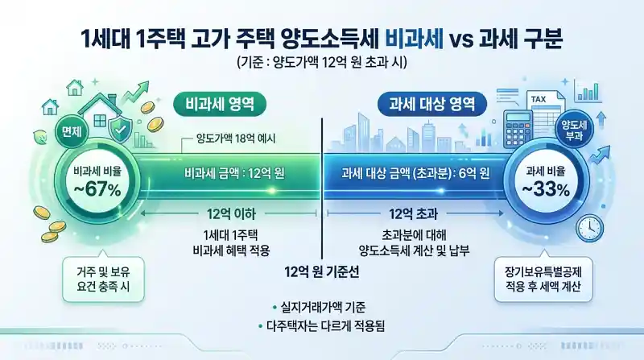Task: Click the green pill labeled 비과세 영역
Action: pyautogui.click(x=220, y=104)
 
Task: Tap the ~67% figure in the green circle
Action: pyautogui.click(x=97, y=190)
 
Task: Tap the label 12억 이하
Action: pyautogui.click(x=228, y=213)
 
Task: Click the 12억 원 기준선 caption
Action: pyautogui.click(x=321, y=271)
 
